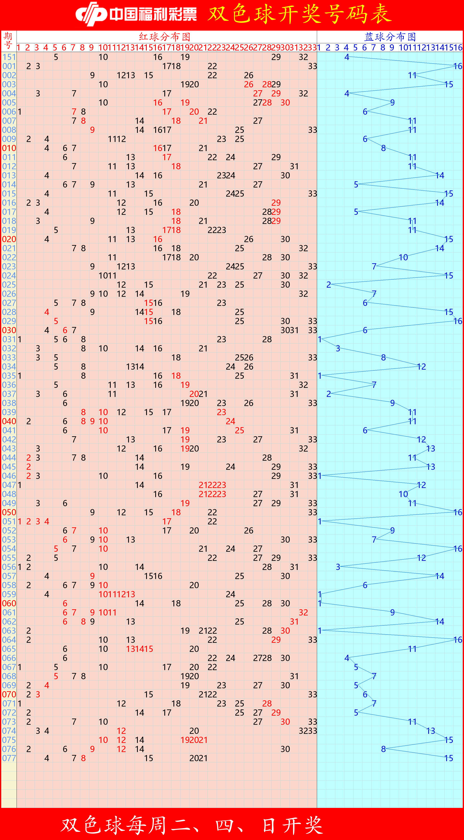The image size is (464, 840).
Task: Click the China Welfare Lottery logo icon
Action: [x=91, y=14]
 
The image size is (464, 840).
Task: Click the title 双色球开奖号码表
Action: [x=299, y=14]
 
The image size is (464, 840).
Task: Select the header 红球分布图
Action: [x=165, y=36]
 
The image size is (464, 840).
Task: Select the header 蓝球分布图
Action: [x=390, y=36]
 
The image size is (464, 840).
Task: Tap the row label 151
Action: [x=9, y=57]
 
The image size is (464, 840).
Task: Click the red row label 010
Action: [x=9, y=148]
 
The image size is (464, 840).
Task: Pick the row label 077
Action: [x=9, y=758]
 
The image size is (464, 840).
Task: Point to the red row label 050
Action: [x=9, y=512]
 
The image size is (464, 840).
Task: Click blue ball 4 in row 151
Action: [x=347, y=57]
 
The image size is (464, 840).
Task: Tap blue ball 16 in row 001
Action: [x=458, y=66]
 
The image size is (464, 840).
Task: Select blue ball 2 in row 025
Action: [x=328, y=285]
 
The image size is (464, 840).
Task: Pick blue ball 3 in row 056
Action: [x=338, y=567]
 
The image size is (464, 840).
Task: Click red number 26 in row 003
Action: [x=249, y=84]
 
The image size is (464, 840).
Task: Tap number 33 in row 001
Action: [x=312, y=66]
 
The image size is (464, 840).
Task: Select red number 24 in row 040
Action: [x=230, y=421]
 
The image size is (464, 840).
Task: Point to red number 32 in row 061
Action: [x=303, y=612]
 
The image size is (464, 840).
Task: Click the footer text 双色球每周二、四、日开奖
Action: [x=192, y=825]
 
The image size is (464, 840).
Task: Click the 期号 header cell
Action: [x=8, y=41]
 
